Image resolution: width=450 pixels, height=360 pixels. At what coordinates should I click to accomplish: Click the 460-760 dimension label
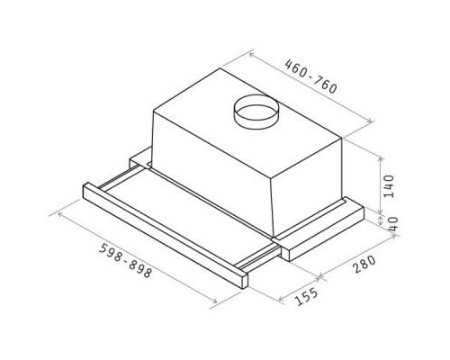310,76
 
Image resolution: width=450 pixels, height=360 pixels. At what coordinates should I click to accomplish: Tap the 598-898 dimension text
126,260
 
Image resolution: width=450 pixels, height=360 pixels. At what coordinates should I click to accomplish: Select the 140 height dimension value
389,186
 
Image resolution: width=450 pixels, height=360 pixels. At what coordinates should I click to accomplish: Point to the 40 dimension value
392,223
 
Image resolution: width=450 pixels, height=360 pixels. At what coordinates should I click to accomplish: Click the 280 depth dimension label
364,264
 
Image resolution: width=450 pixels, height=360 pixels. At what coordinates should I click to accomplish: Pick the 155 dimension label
306,296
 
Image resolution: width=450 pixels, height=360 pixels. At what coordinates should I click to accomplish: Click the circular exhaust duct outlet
256,112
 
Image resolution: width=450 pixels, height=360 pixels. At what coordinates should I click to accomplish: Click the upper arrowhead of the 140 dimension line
381,160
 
